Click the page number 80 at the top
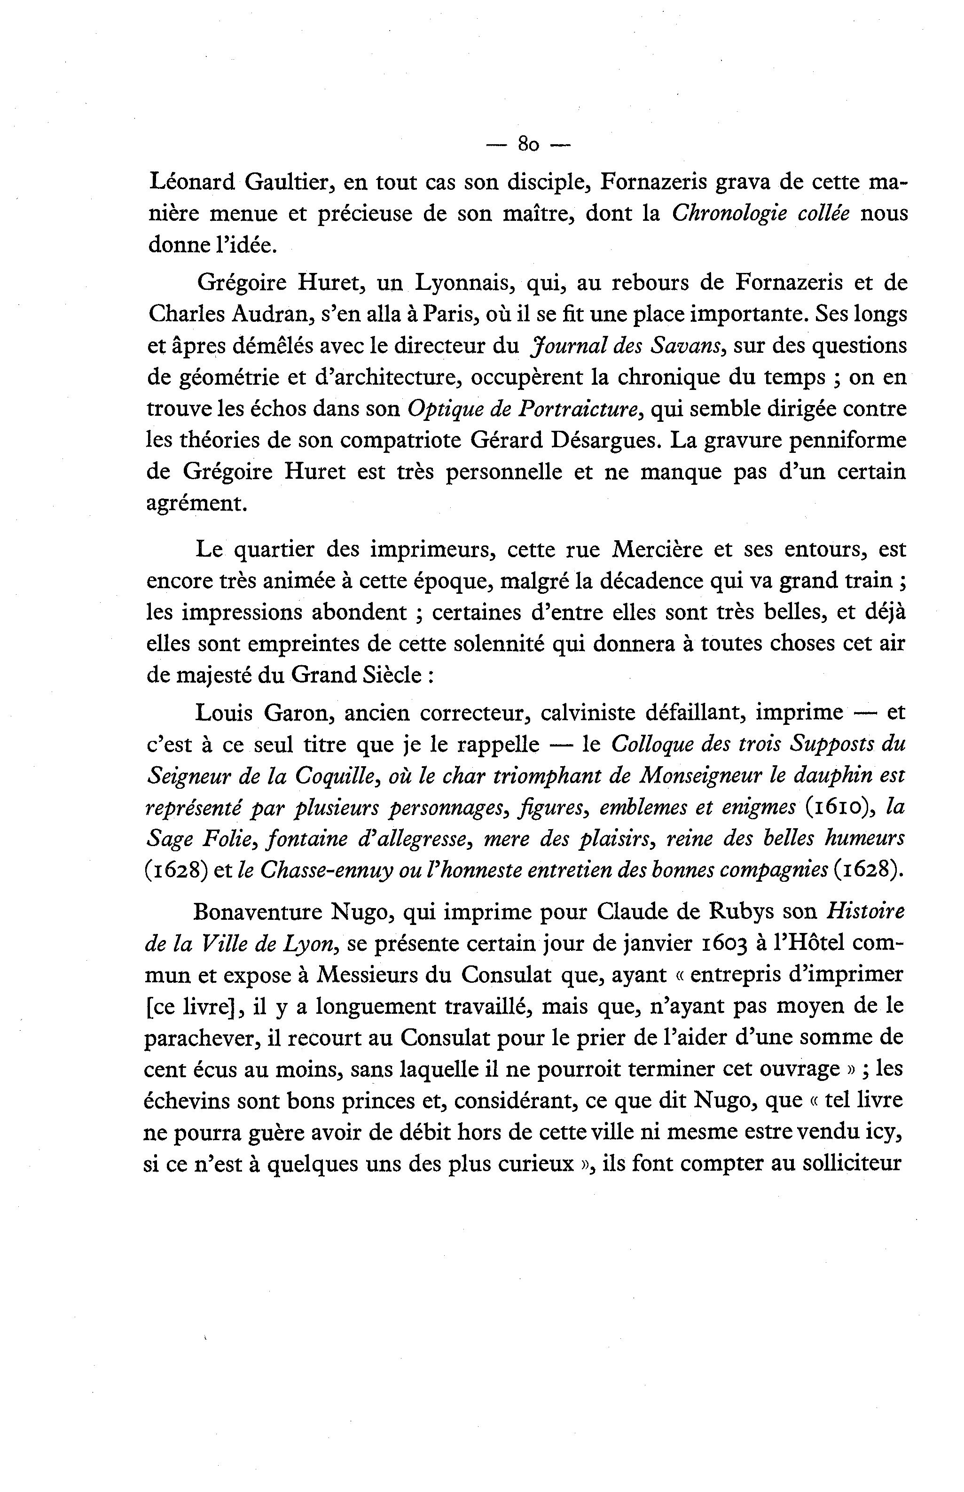coord(529,145)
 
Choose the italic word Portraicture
coord(579,409)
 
